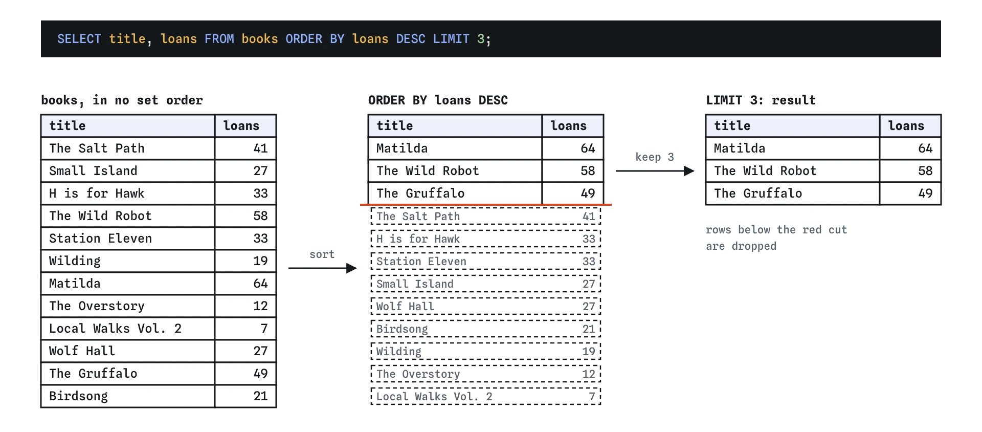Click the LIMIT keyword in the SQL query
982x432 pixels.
(x=451, y=39)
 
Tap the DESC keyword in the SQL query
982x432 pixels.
(x=411, y=39)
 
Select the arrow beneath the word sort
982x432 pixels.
(x=322, y=268)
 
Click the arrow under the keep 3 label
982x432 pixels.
(x=655, y=171)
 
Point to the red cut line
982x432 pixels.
(x=486, y=205)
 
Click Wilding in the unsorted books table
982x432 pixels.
(x=75, y=261)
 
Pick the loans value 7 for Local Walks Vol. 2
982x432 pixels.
(x=264, y=329)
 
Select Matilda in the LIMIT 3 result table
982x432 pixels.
(x=740, y=148)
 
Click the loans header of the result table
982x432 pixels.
(x=906, y=126)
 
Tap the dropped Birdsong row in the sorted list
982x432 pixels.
(x=486, y=329)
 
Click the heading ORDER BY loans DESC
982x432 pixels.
(x=438, y=100)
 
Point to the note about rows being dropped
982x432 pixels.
(x=776, y=238)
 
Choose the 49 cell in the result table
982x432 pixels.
(x=925, y=193)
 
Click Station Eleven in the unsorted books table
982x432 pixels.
(x=100, y=239)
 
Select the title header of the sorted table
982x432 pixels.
(x=395, y=126)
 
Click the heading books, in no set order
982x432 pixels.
(x=122, y=100)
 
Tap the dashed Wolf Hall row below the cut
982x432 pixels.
(x=486, y=307)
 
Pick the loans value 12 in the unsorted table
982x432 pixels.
(x=260, y=306)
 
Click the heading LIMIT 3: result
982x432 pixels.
(x=761, y=100)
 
